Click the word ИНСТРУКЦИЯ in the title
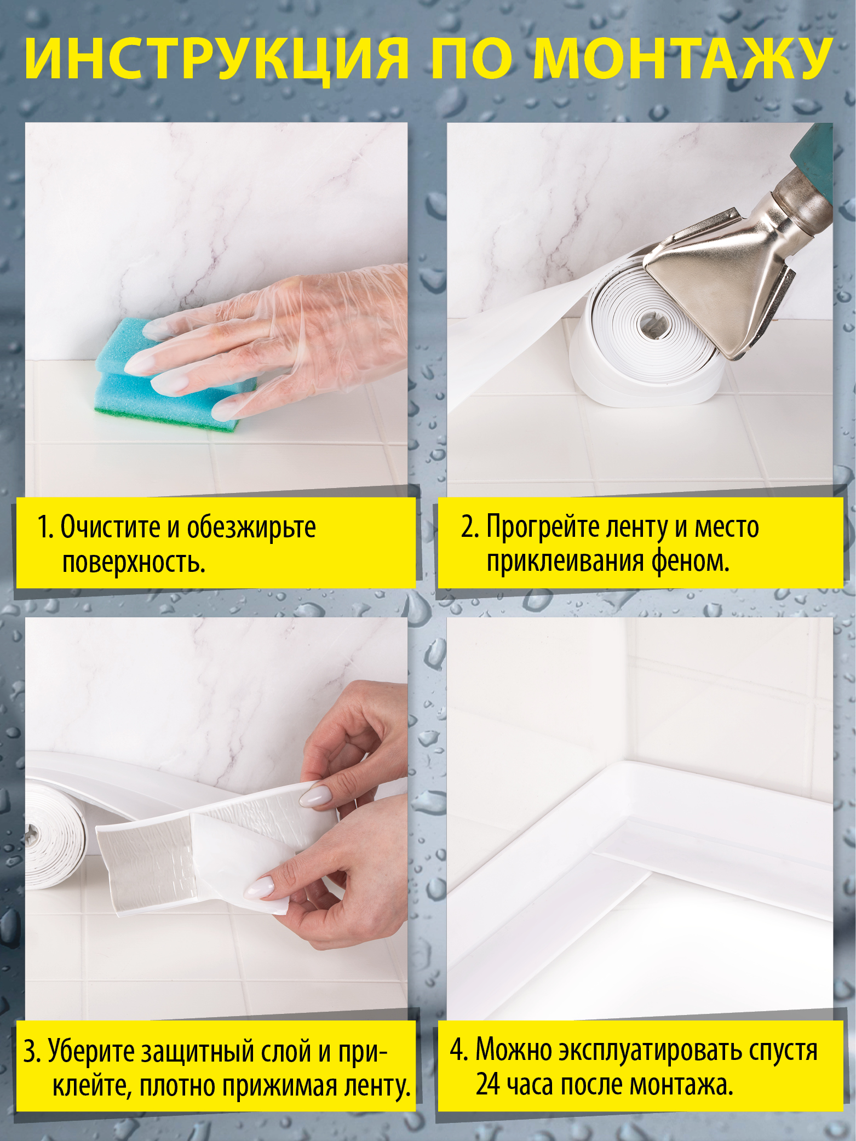pyautogui.click(x=217, y=59)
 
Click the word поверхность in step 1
pyautogui.click(x=134, y=563)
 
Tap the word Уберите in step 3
pyautogui.click(x=91, y=1051)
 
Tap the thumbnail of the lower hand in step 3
pyautogui.click(x=259, y=887)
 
